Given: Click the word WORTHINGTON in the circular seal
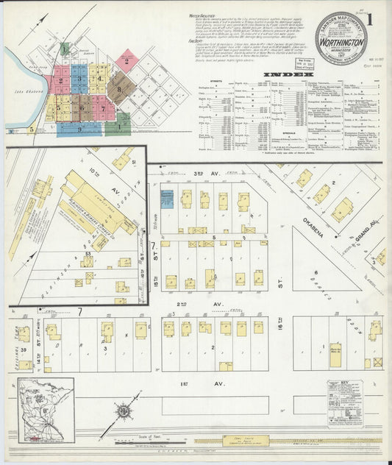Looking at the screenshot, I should tap(342, 43).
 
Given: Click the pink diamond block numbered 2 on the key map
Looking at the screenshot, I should tap(126, 60).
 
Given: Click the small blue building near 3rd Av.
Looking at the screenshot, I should tap(166, 197).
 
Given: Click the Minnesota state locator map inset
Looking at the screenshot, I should tap(46, 410).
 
